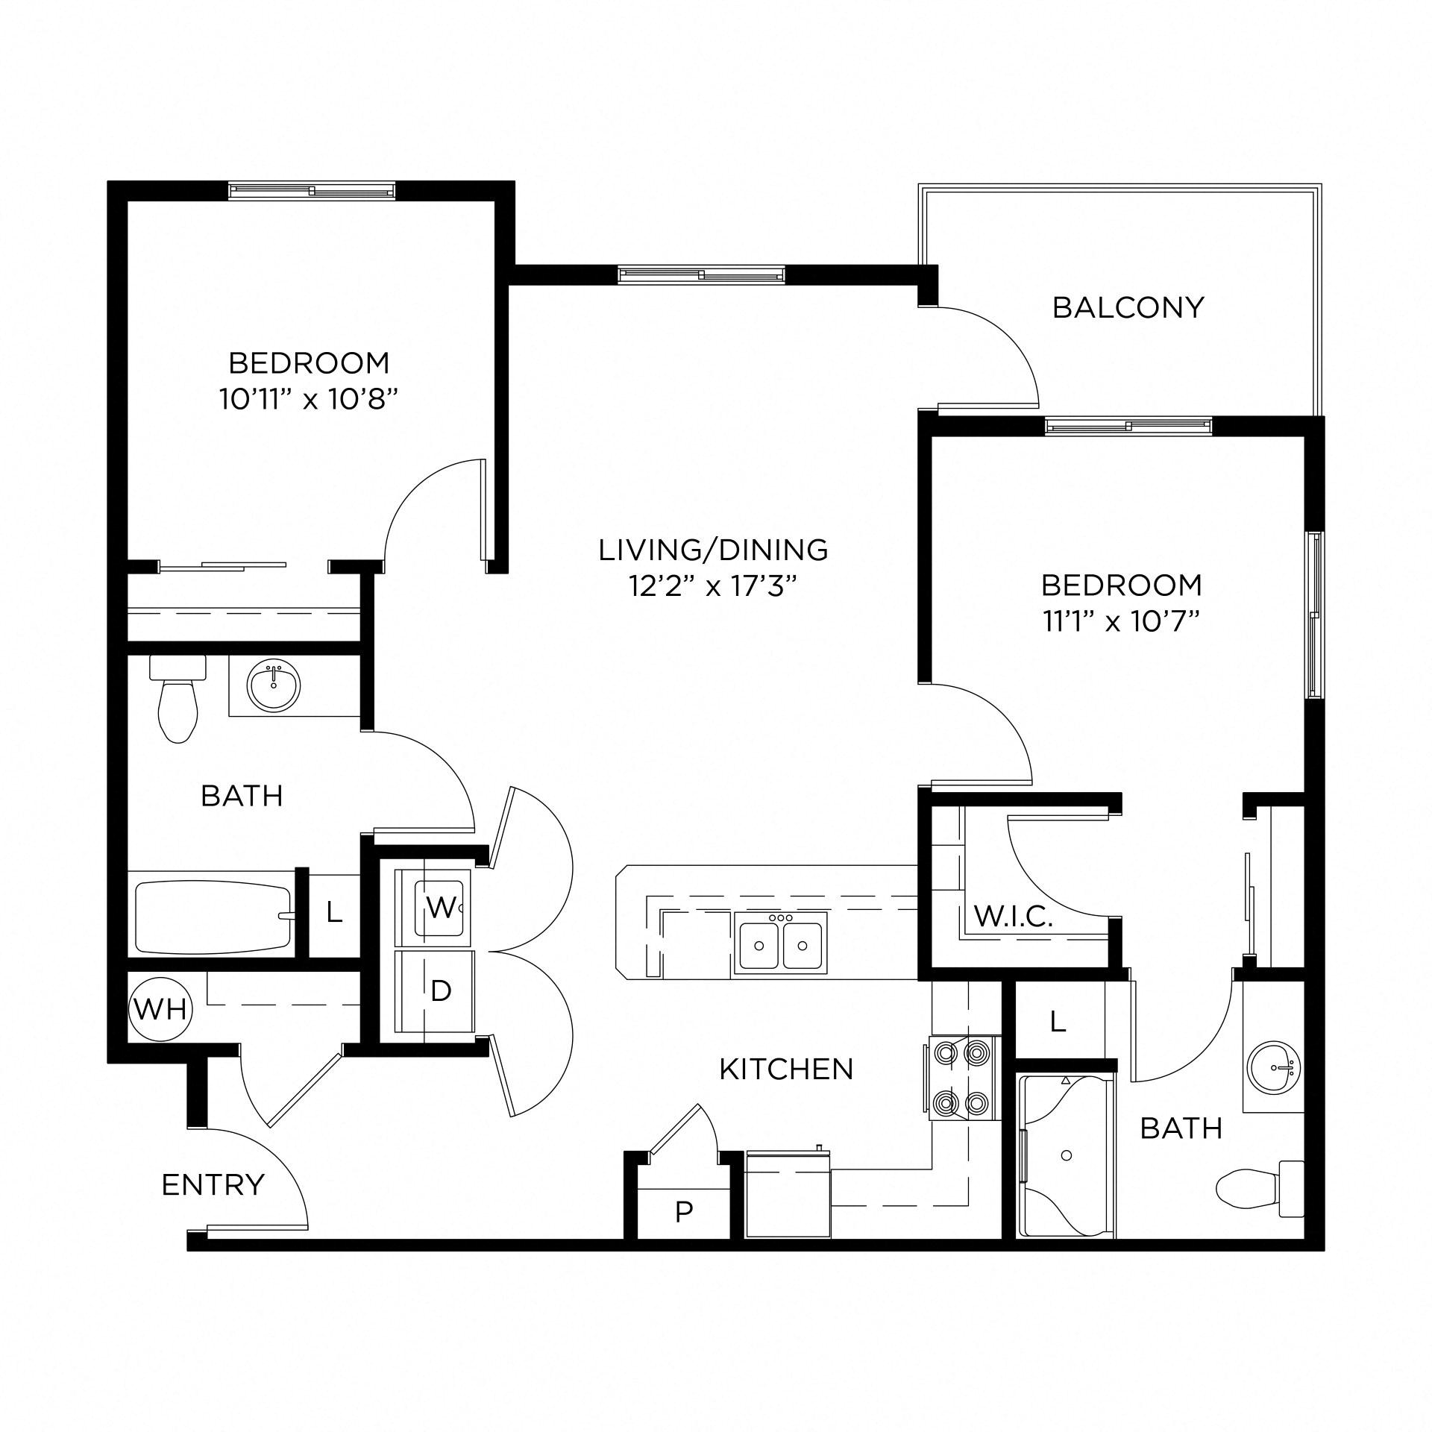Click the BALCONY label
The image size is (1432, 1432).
click(1128, 308)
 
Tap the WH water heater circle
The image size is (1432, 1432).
click(161, 1010)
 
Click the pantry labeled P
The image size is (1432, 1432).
click(683, 1213)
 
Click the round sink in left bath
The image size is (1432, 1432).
click(274, 687)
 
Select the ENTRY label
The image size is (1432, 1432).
click(213, 1184)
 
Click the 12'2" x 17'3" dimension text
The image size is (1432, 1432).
click(713, 587)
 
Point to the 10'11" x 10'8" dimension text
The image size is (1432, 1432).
click(308, 401)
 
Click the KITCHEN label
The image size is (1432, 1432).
click(786, 1070)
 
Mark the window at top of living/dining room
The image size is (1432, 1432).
click(702, 275)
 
